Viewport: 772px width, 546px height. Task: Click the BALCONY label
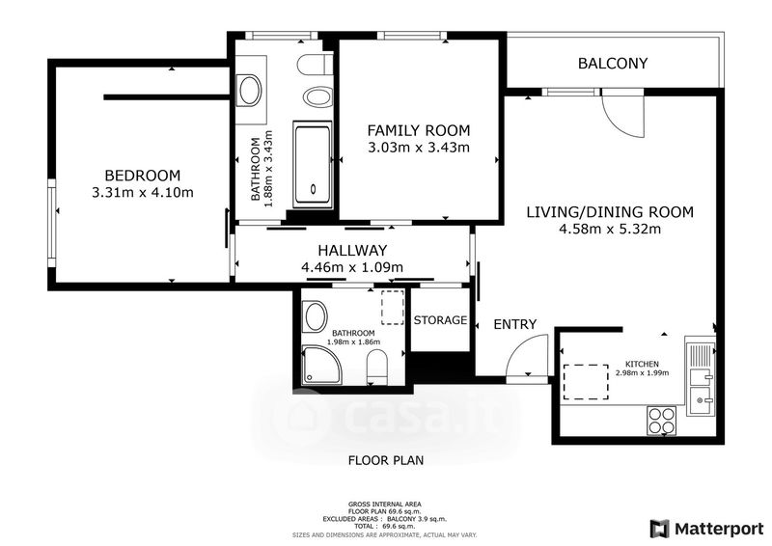[x=613, y=64]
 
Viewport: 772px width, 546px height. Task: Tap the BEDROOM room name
[x=143, y=176]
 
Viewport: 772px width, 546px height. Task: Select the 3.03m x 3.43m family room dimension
[x=419, y=148]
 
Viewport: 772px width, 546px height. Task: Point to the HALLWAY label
[x=352, y=251]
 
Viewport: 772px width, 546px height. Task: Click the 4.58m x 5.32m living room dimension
[x=610, y=229]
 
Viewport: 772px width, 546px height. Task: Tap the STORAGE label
[x=440, y=320]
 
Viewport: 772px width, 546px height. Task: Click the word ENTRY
[x=515, y=324]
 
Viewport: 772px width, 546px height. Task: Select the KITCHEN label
[x=642, y=364]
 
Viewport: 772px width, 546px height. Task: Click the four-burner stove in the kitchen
[x=662, y=421]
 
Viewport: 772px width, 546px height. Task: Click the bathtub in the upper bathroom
[x=312, y=164]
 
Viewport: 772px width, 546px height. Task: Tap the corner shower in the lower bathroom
[x=322, y=365]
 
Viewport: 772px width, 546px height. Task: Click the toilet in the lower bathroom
[x=377, y=368]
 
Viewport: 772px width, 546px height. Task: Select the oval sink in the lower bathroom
[x=316, y=316]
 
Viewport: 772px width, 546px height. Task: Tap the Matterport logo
[x=706, y=529]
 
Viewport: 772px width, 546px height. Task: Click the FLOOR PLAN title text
[x=386, y=460]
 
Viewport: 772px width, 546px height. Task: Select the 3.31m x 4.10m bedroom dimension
[x=143, y=193]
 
